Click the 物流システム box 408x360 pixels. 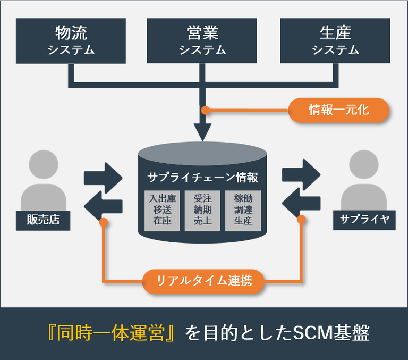point(71,41)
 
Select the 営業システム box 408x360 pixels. point(202,41)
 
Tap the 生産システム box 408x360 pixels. point(335,41)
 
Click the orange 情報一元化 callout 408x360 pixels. point(338,111)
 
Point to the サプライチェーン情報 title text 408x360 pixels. point(202,177)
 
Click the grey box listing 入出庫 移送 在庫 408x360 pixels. point(161,210)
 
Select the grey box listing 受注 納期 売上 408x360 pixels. point(202,210)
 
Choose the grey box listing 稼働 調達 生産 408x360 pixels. point(243,210)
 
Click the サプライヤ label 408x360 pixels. point(364,219)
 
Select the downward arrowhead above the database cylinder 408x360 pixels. point(202,132)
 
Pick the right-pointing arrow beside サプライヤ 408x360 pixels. point(301,173)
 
